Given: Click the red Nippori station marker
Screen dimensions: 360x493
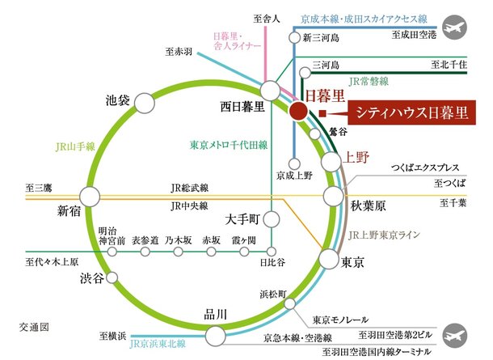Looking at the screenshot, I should (x=298, y=112).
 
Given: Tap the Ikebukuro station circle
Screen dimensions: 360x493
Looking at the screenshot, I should (x=144, y=103).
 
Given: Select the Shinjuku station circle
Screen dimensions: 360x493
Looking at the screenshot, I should (x=90, y=197).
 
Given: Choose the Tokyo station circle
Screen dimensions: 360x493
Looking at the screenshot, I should (x=327, y=260).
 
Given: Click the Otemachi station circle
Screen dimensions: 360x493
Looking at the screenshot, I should (x=272, y=218).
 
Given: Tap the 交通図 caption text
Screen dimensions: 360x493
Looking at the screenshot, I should (x=35, y=327).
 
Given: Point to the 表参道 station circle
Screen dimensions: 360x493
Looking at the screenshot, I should (x=145, y=252).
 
